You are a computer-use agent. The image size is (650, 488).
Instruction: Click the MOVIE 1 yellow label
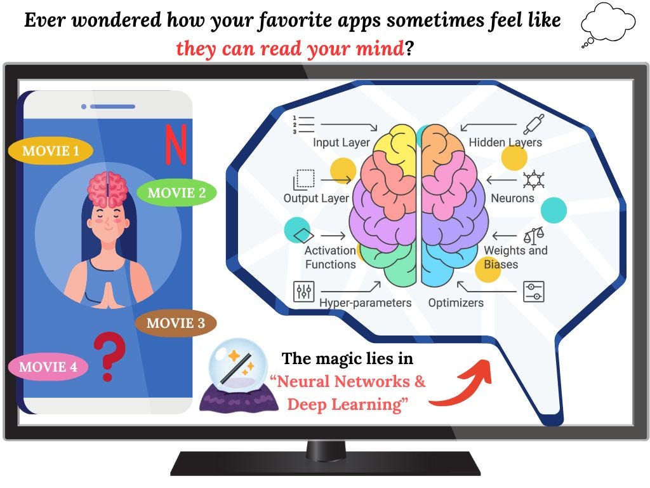pyautogui.click(x=51, y=151)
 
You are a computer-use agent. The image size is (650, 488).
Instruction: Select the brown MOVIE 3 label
pyautogui.click(x=175, y=323)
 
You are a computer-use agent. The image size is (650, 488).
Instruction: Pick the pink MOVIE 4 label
pyautogui.click(x=48, y=367)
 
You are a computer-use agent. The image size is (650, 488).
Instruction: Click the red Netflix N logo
pyautogui.click(x=176, y=144)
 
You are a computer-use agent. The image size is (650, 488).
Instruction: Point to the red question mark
pyautogui.click(x=109, y=358)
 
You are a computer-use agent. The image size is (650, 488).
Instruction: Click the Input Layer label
pyautogui.click(x=341, y=142)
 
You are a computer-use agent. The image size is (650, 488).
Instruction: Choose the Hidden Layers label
pyautogui.click(x=505, y=142)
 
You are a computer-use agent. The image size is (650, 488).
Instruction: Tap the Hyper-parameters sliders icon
pyautogui.click(x=304, y=291)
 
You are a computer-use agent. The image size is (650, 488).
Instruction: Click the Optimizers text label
pyautogui.click(x=455, y=303)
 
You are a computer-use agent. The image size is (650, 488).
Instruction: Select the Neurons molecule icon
pyautogui.click(x=533, y=180)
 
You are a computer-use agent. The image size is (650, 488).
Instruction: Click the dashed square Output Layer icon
pyautogui.click(x=304, y=179)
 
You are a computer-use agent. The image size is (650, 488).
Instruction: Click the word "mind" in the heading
pyautogui.click(x=377, y=48)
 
